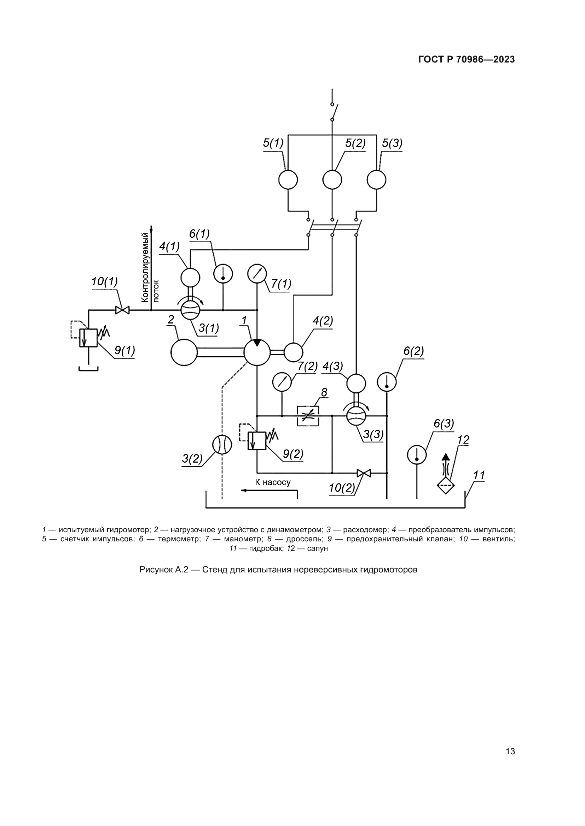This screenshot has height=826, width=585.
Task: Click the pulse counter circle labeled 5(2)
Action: click(x=332, y=179)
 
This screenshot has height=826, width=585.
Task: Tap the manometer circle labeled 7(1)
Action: click(x=257, y=274)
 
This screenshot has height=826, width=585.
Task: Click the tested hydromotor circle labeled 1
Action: click(x=257, y=352)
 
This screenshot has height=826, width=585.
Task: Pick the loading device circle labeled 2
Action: click(x=184, y=352)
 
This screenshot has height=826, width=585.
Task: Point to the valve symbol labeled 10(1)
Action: click(x=122, y=310)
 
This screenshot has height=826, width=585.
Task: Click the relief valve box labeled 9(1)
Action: click(x=88, y=338)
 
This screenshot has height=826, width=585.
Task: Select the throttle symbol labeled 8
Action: click(x=308, y=416)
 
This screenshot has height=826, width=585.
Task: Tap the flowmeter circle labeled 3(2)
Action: click(x=222, y=445)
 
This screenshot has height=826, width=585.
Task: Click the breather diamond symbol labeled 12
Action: click(x=446, y=485)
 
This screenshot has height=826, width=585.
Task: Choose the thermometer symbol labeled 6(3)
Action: click(x=417, y=455)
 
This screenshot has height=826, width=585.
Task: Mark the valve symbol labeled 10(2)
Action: click(x=364, y=473)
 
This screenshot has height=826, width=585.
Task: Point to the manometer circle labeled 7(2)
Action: click(x=282, y=382)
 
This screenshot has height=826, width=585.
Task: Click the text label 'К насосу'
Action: click(x=273, y=482)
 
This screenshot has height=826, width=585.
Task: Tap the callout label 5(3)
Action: click(x=392, y=143)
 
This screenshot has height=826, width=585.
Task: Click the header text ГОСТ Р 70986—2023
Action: click(x=467, y=60)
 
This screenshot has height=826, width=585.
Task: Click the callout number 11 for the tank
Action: click(x=479, y=475)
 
